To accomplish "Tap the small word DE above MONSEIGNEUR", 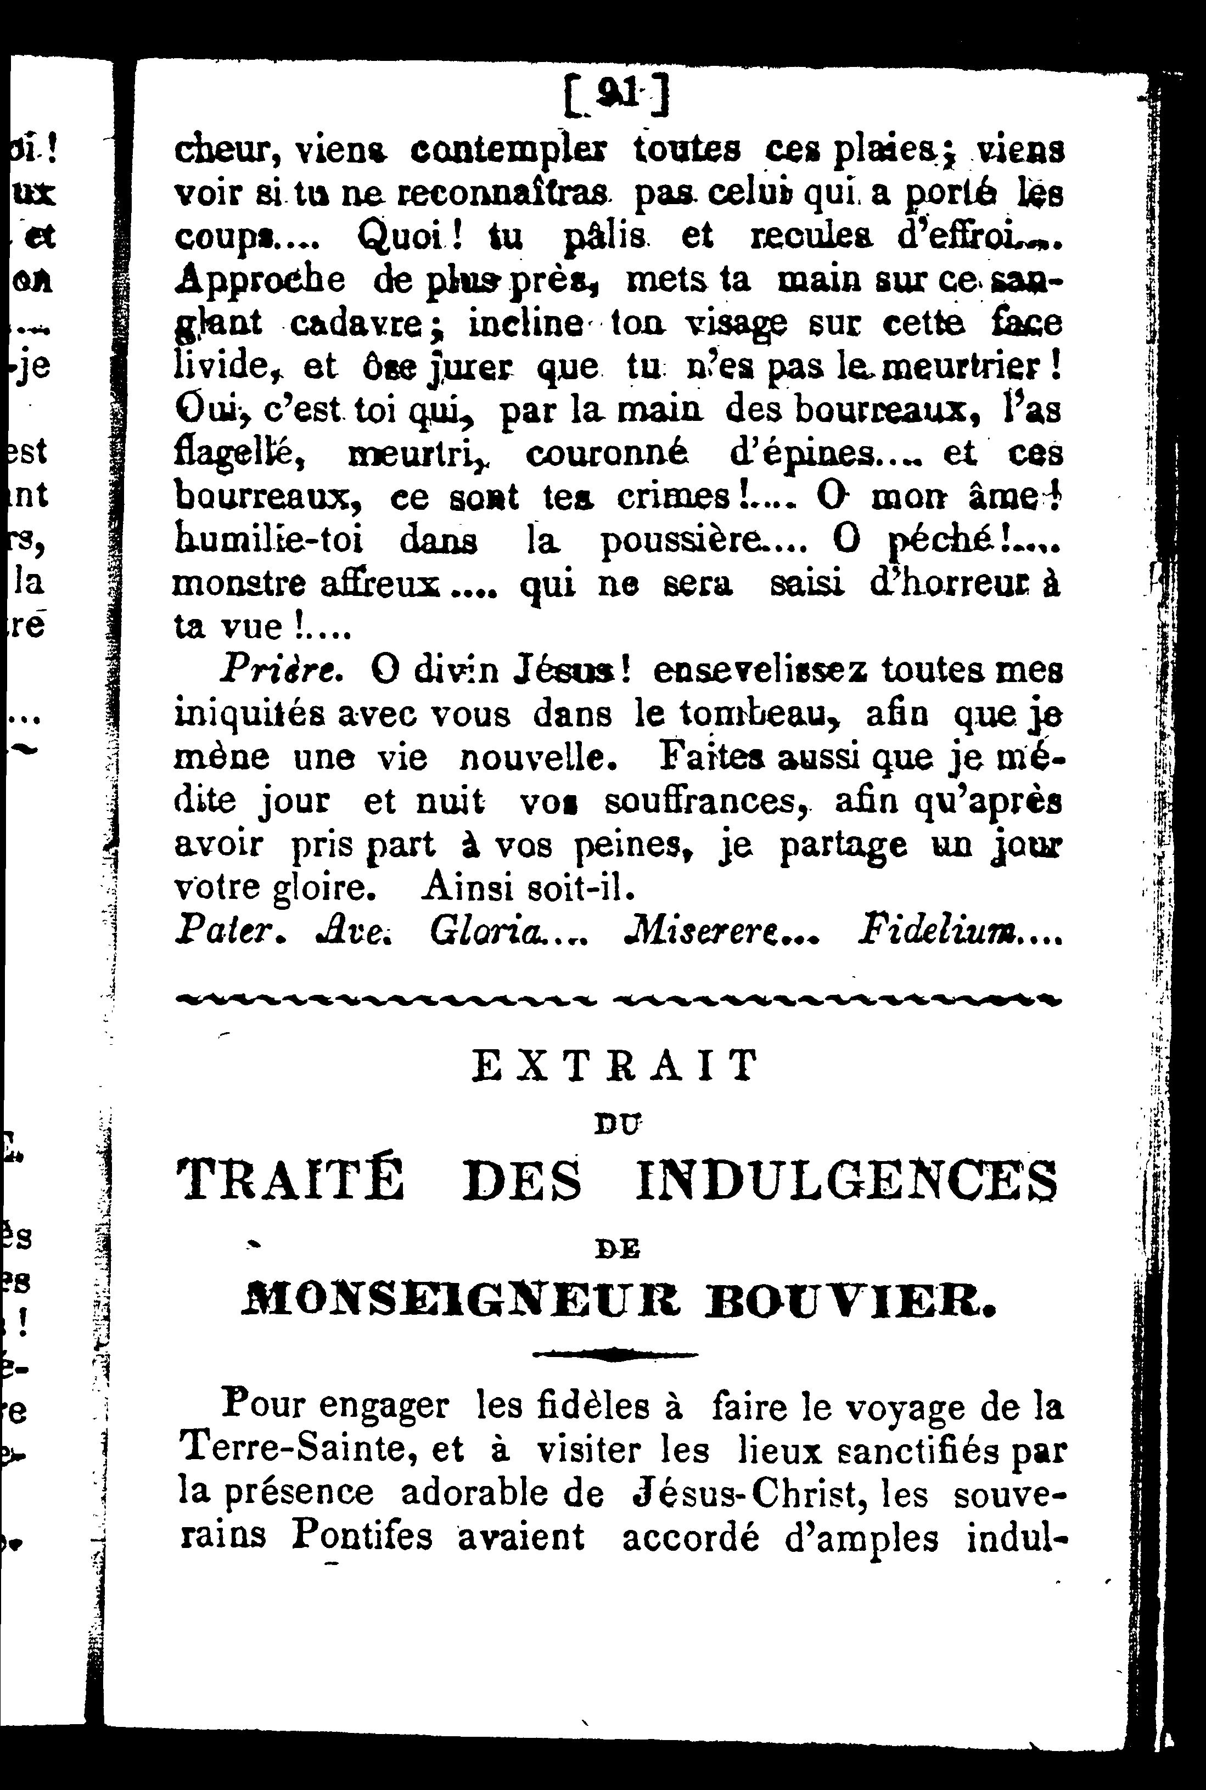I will tap(618, 1250).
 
